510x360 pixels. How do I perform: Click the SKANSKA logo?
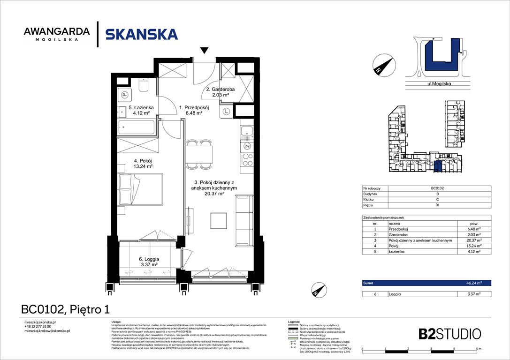pos(141,34)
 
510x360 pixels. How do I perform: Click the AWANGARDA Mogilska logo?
pos(56,34)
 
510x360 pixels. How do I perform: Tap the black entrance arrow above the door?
pos(204,50)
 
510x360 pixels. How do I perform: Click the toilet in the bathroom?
pos(144,85)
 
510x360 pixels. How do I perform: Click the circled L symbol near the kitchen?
pos(227,112)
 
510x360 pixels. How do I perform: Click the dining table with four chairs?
pos(199,154)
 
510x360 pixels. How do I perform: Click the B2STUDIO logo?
pos(449,334)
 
